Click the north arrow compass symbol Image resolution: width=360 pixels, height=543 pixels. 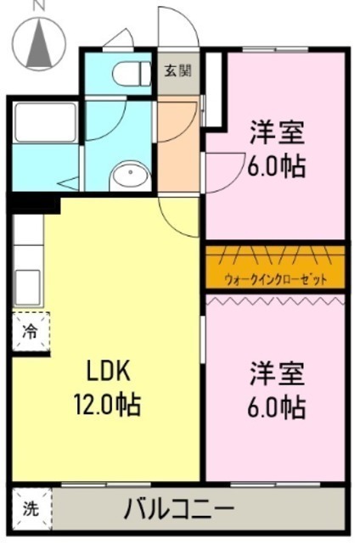coord(39,43)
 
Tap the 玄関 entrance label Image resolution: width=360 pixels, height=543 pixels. coord(177,71)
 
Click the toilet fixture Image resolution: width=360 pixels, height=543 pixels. coord(132,74)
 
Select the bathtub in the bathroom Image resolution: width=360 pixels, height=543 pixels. coord(45,122)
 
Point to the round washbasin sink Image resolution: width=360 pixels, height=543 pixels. coord(130,176)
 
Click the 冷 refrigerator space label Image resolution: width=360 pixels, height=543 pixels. coord(30,332)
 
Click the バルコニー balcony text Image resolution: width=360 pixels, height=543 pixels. coord(179,508)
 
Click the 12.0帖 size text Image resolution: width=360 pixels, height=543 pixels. coord(107,404)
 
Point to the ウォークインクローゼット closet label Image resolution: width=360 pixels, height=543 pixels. coord(276,279)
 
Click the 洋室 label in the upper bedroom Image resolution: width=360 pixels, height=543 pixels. coord(278,132)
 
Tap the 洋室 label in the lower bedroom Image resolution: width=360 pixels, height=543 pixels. coord(278,373)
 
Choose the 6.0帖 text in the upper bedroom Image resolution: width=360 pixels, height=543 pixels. coord(277,166)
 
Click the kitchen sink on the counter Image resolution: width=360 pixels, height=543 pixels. coord(28,288)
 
